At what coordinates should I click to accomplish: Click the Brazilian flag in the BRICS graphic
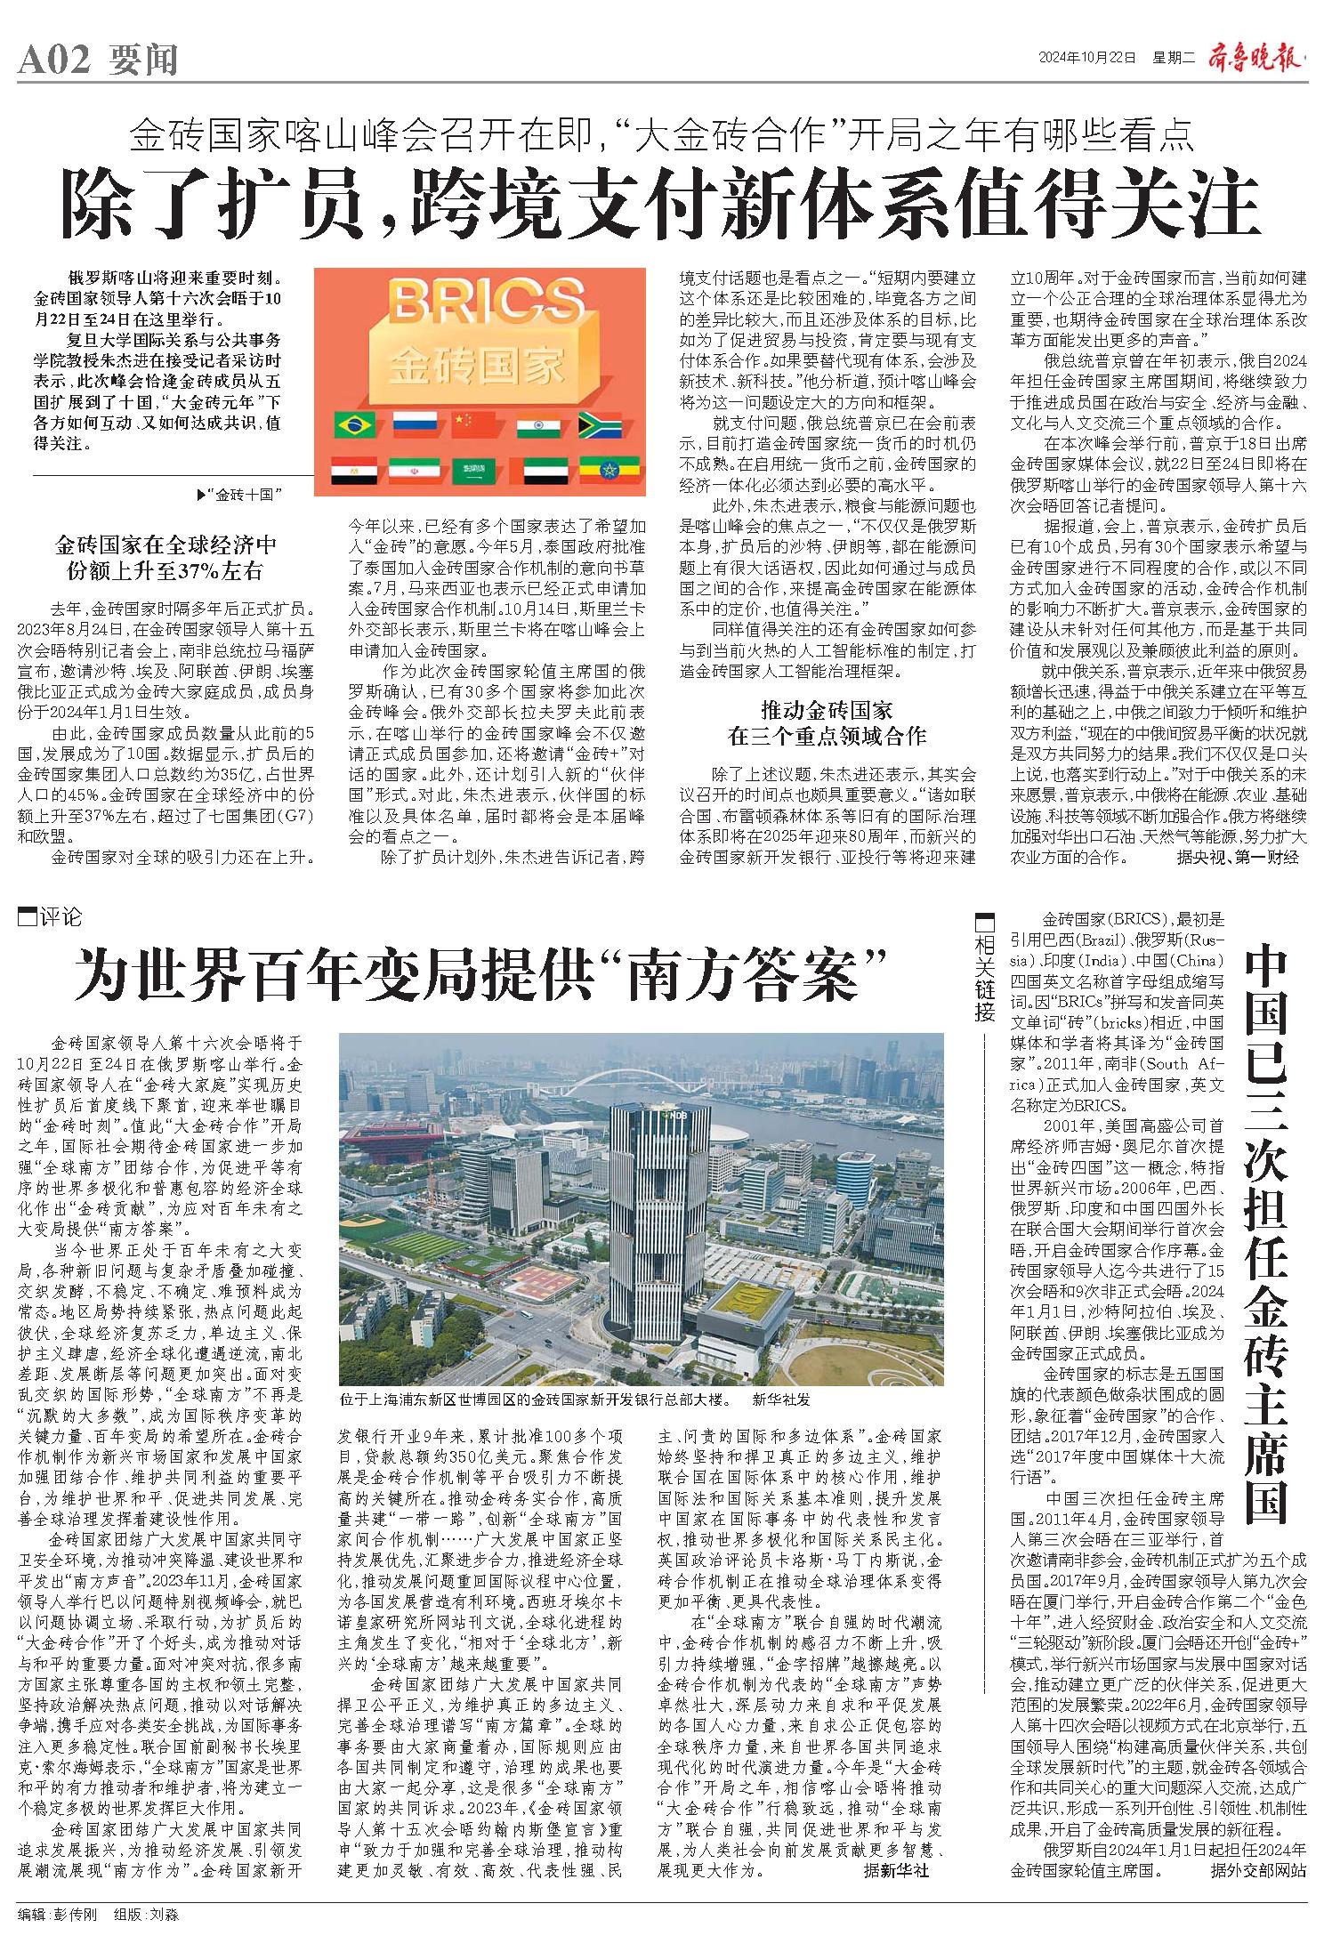tap(353, 425)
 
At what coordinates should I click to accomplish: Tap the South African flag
tap(599, 424)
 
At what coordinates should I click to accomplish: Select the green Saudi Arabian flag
tap(476, 469)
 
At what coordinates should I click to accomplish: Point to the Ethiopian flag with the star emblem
tap(599, 469)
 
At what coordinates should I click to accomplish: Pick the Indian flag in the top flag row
tap(537, 425)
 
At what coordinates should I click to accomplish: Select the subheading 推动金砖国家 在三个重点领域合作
tap(827, 722)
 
